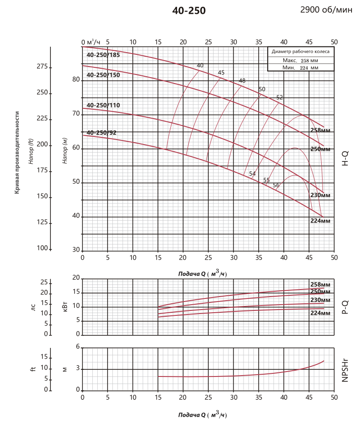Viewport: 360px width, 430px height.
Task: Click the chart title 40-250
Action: click(189, 11)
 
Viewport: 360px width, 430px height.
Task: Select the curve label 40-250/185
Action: click(103, 55)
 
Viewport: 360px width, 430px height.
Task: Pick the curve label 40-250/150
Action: click(103, 75)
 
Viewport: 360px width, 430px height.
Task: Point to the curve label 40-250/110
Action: click(103, 105)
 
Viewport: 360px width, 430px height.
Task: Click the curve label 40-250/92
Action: click(102, 132)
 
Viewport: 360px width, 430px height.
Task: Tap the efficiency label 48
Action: click(242, 81)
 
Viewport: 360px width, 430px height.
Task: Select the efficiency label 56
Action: click(276, 186)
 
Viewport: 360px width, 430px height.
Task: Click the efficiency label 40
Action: click(200, 66)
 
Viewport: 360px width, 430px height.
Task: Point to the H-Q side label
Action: click(345, 158)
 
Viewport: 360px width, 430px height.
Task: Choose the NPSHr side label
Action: click(345, 369)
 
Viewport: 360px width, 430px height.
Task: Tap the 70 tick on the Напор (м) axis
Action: click(76, 114)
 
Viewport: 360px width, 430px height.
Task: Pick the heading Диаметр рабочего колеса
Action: click(301, 52)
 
